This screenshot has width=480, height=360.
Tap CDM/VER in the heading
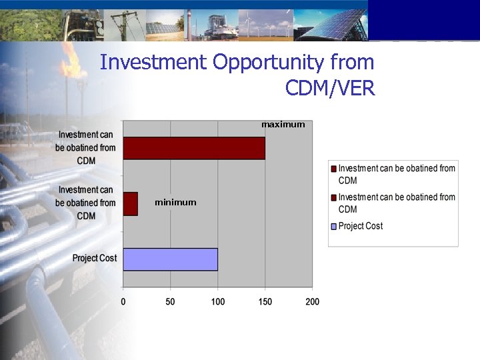pyautogui.click(x=330, y=87)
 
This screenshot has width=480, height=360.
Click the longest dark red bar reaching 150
pyautogui.click(x=194, y=148)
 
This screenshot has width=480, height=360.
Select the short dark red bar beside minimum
pyautogui.click(x=131, y=203)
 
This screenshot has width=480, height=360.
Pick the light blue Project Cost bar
pyautogui.click(x=171, y=259)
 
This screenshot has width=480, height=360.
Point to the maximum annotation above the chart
pyautogui.click(x=283, y=125)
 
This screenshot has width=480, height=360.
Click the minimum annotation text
pyautogui.click(x=175, y=202)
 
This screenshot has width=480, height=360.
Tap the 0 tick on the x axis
pyautogui.click(x=123, y=302)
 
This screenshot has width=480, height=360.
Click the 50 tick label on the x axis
pyautogui.click(x=171, y=302)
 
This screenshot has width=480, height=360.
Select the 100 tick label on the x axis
pyautogui.click(x=218, y=302)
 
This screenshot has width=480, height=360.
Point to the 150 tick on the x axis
pyautogui.click(x=265, y=302)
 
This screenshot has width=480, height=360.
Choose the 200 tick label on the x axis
pyautogui.click(x=312, y=302)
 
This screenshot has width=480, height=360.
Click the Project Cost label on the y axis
pyautogui.click(x=94, y=258)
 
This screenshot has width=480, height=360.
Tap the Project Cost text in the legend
pyautogui.click(x=361, y=226)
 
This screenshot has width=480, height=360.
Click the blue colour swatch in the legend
pyautogui.click(x=334, y=226)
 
